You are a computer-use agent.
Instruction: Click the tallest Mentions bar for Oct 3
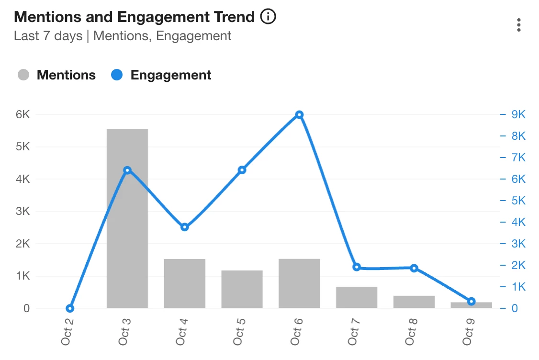(x=127, y=218)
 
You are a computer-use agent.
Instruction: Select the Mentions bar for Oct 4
(x=184, y=283)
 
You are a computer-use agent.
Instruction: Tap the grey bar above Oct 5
(x=242, y=289)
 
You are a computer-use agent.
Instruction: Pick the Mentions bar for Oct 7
(x=357, y=297)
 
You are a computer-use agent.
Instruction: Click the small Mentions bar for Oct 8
(x=414, y=302)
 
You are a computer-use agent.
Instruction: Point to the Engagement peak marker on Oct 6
(x=299, y=115)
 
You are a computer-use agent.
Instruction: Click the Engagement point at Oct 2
(x=70, y=308)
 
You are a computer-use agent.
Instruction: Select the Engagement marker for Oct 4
(x=185, y=227)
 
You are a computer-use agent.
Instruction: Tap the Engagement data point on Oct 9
(x=471, y=301)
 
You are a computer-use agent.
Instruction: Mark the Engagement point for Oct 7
(x=357, y=267)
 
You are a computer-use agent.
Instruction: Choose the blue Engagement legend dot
(x=117, y=75)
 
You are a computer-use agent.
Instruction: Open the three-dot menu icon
(x=518, y=25)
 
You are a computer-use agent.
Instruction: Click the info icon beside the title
(x=268, y=17)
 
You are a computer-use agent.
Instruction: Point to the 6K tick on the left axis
(x=22, y=115)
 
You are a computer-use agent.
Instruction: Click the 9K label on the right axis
(x=518, y=115)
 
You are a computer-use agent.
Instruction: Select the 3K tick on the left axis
(x=22, y=212)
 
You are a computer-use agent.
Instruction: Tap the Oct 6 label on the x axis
(x=297, y=330)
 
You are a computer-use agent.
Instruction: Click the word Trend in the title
(x=233, y=17)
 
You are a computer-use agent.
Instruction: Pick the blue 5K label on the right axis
(x=518, y=201)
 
